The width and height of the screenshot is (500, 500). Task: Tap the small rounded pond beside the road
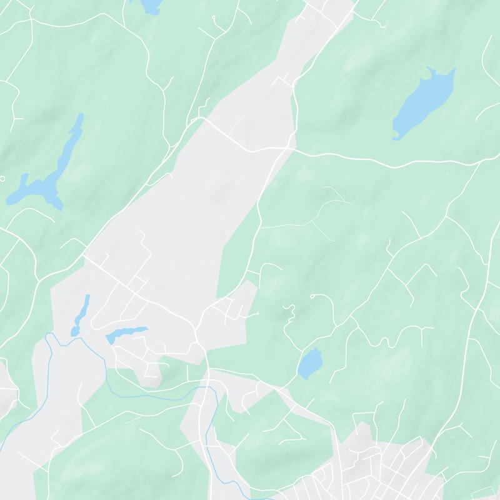point(309,364)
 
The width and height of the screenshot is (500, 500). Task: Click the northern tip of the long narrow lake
point(80,117)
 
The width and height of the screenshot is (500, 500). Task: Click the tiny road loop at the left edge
point(2,179)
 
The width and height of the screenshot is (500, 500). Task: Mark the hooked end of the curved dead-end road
point(312,296)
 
